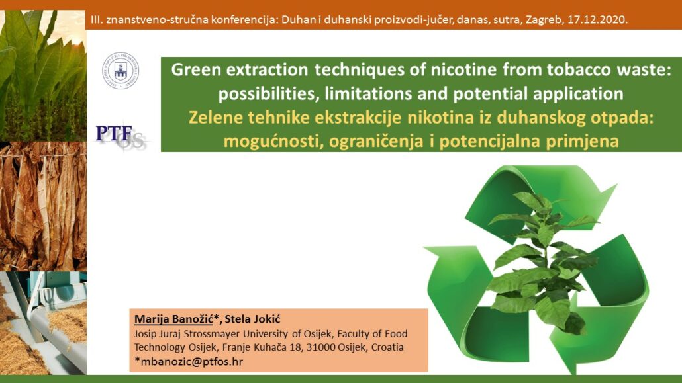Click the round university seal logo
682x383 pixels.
121,70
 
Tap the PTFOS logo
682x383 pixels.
121,136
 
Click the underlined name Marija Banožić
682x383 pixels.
173,319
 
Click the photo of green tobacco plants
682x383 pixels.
43,75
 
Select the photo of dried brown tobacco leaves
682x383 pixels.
43,206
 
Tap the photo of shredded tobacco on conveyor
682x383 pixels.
43,323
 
